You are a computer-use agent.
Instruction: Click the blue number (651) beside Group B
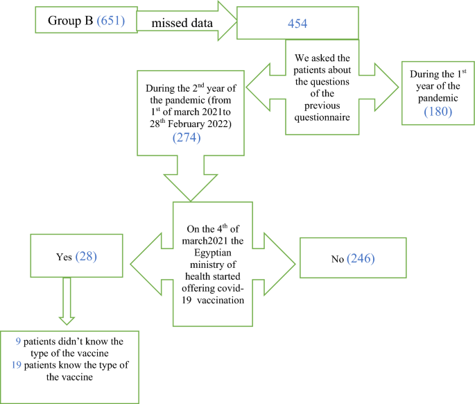pyautogui.click(x=109, y=20)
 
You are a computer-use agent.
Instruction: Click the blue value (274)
pyautogui.click(x=191, y=138)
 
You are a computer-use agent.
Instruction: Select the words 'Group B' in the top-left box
pyautogui.click(x=70, y=20)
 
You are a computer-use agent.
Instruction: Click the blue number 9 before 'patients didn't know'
pyautogui.click(x=19, y=342)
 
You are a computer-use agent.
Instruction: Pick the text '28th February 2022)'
pyautogui.click(x=191, y=124)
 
